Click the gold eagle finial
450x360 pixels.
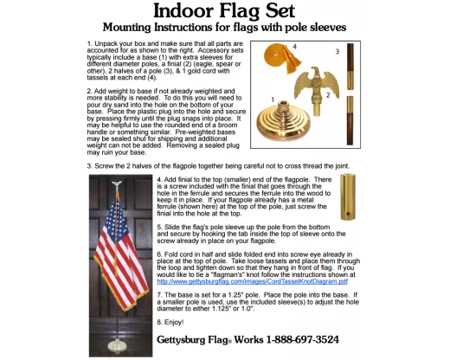click(304, 90)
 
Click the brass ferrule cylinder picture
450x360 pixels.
click(349, 197)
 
